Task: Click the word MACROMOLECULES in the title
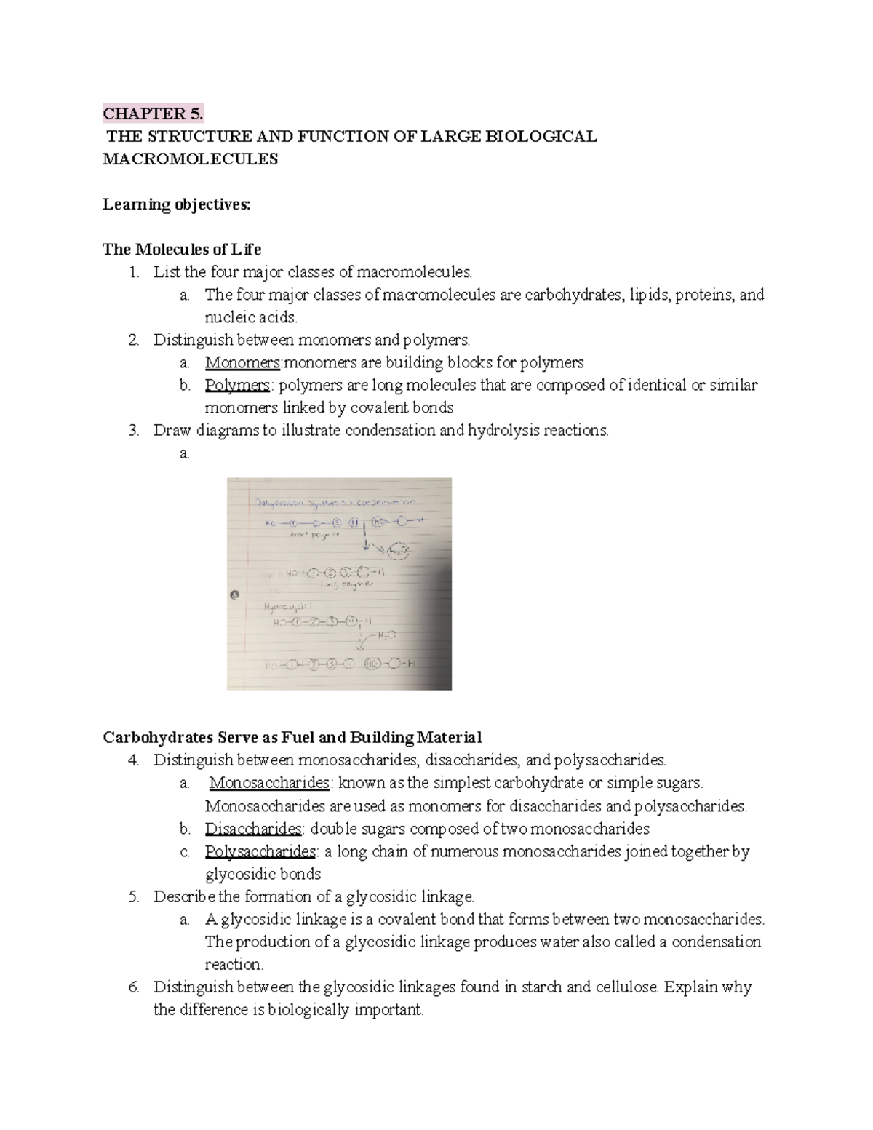pos(190,159)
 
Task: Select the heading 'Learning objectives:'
pos(176,204)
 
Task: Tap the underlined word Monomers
pos(242,362)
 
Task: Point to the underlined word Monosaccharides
pos(269,783)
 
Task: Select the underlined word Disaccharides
pos(253,829)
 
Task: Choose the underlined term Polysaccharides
pos(260,851)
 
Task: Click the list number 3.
pos(133,430)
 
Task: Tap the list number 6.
pos(133,987)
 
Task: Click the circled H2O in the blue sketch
pos(399,551)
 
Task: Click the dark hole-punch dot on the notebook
pos(234,594)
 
